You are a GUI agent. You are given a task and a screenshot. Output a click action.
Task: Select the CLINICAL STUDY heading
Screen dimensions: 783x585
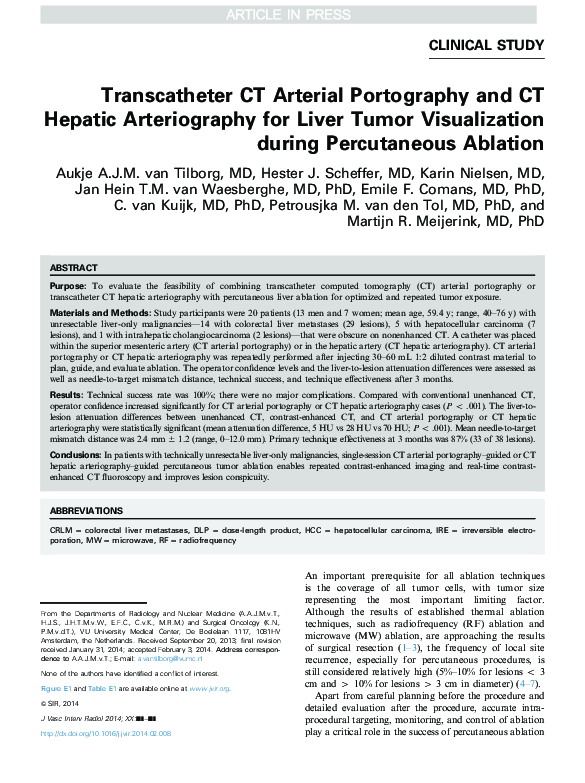[x=486, y=45]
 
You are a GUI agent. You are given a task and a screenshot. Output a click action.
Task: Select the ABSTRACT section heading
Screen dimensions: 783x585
[x=74, y=268]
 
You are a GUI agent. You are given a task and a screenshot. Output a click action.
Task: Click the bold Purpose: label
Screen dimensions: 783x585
[x=68, y=286]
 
